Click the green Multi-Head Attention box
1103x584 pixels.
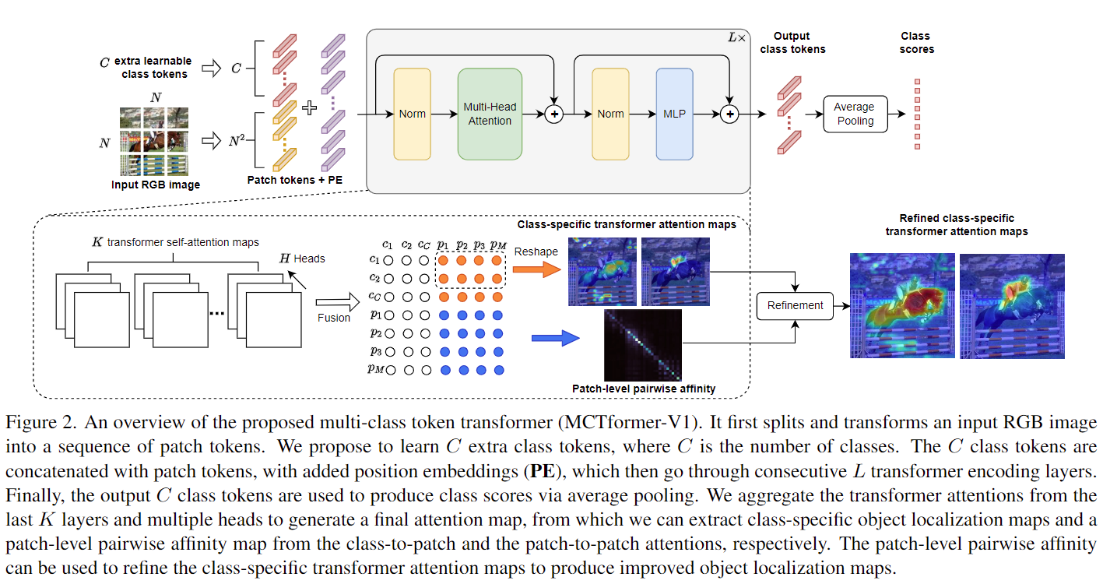point(490,114)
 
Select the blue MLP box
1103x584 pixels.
point(674,114)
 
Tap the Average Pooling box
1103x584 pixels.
point(854,114)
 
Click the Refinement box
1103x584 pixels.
point(795,305)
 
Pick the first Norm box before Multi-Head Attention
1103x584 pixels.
point(412,114)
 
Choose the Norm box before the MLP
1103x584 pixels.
point(610,114)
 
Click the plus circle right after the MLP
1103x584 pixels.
point(729,114)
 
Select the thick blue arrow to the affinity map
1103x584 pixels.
point(556,338)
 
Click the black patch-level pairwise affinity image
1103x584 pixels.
point(643,345)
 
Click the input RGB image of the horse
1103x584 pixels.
point(154,141)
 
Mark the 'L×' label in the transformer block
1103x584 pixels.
point(736,37)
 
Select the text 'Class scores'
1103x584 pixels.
point(915,42)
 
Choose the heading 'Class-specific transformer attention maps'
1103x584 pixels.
point(627,224)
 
